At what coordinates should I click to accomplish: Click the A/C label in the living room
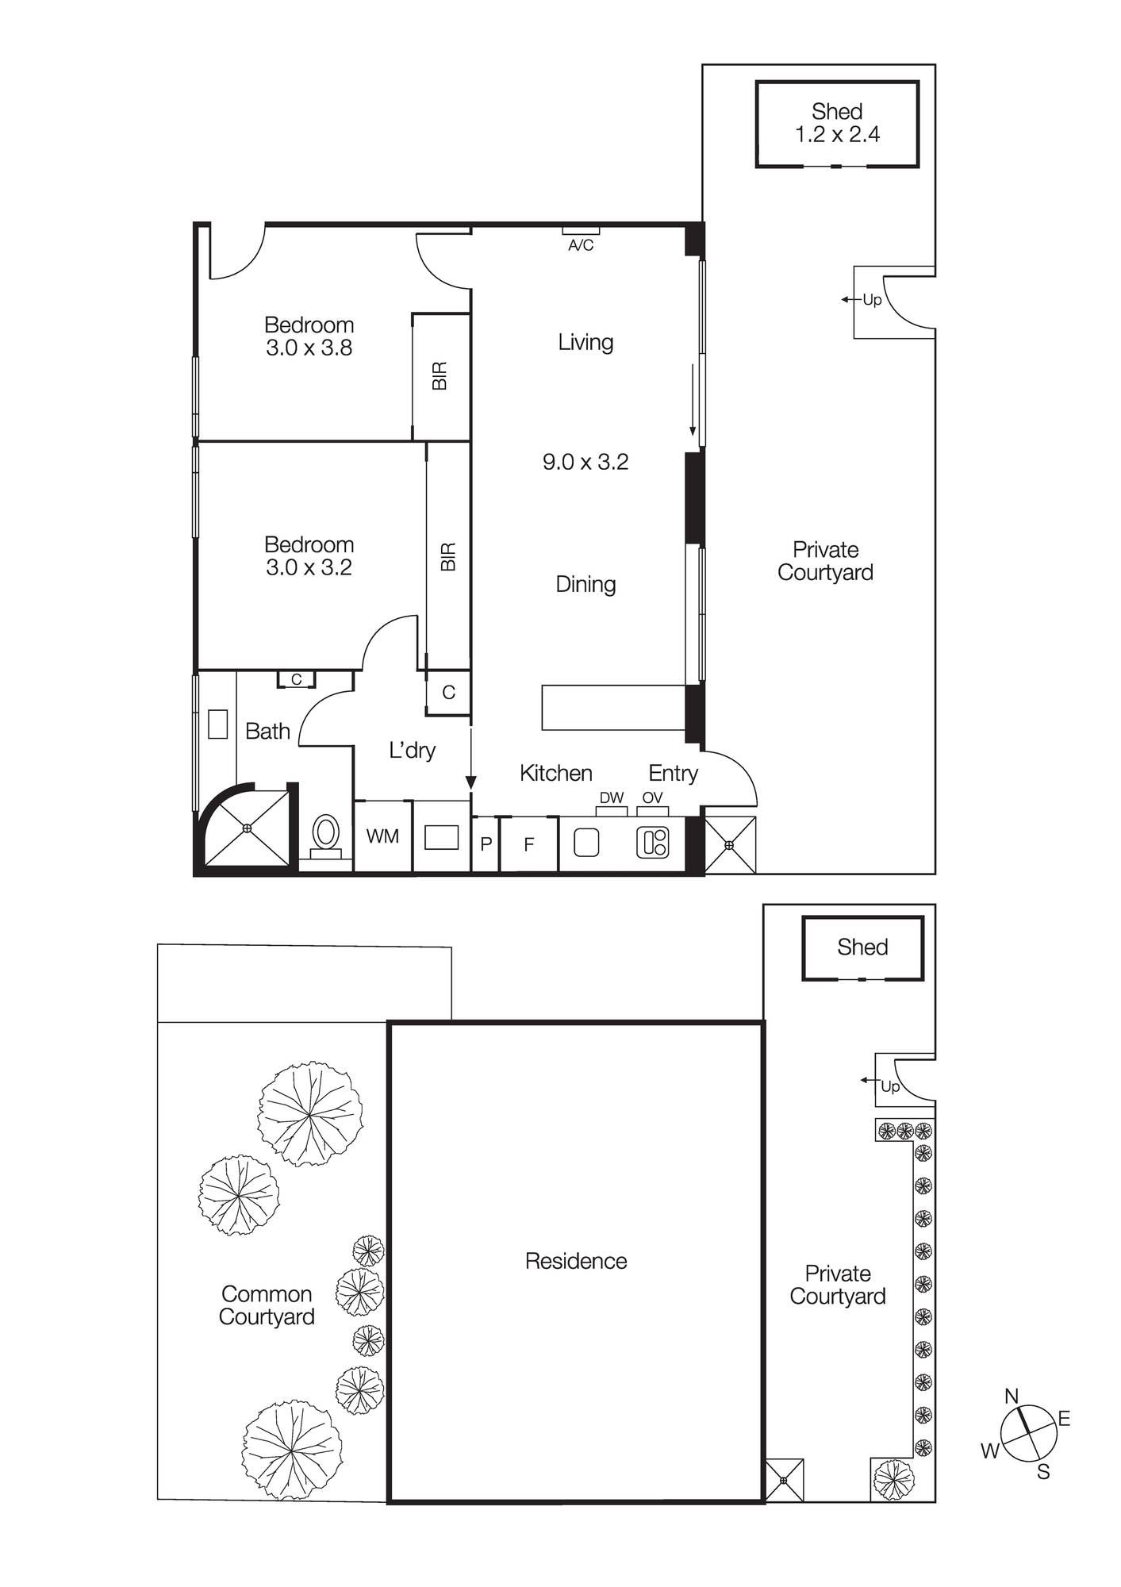(x=581, y=245)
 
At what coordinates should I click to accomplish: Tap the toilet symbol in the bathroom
(x=325, y=835)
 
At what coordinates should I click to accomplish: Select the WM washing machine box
(x=382, y=836)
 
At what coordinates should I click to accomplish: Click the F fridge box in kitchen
(x=529, y=845)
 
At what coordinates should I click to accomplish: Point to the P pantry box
(x=486, y=845)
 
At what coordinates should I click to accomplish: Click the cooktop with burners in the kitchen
(x=653, y=842)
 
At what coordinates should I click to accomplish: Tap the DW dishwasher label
(x=611, y=797)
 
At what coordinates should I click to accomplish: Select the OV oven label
(x=652, y=797)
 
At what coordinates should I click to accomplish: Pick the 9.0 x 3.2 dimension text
(x=585, y=462)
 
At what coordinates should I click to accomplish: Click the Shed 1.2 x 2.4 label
(x=837, y=123)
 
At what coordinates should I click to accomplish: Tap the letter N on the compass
(x=1012, y=1396)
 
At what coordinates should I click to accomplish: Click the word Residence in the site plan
(x=576, y=1261)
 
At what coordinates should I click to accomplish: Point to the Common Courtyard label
(x=267, y=1305)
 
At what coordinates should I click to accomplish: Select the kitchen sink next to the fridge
(x=586, y=843)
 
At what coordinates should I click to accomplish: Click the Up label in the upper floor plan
(x=872, y=300)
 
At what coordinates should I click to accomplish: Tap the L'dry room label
(x=412, y=750)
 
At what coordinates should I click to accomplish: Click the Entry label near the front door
(x=673, y=773)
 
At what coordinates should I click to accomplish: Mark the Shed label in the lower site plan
(x=862, y=947)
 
